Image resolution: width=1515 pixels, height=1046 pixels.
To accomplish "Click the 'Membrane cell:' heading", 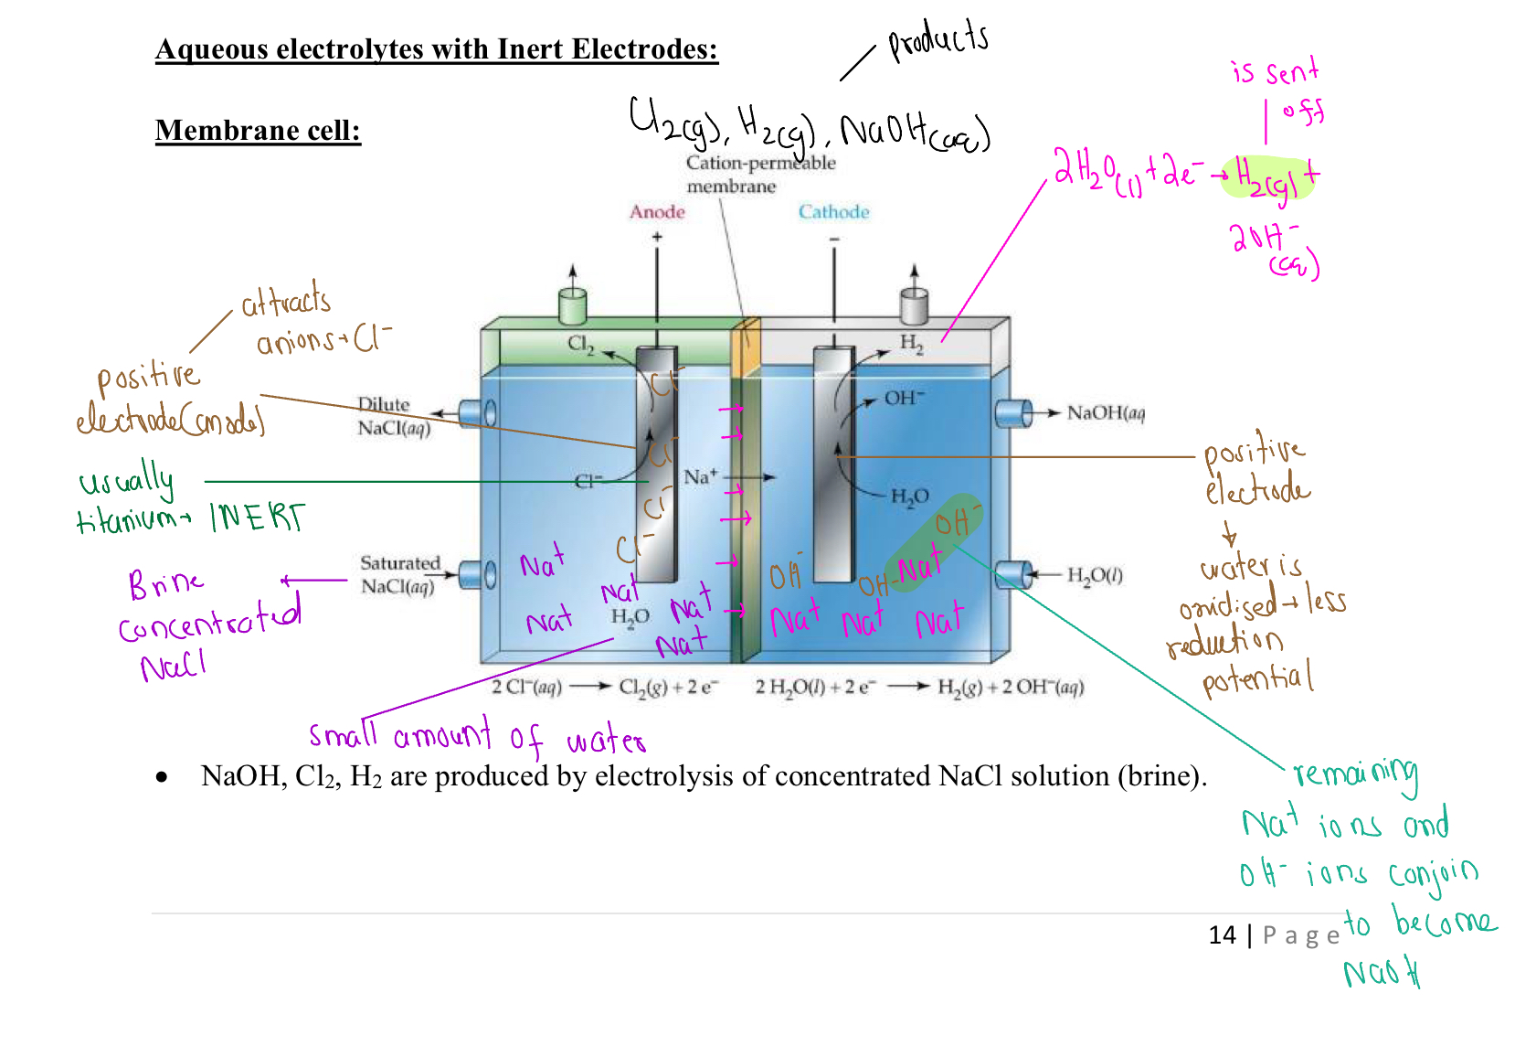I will pos(258,131).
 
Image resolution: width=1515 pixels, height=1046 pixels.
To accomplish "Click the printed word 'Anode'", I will pos(657,212).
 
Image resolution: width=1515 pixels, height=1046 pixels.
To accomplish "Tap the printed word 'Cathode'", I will pos(833,212).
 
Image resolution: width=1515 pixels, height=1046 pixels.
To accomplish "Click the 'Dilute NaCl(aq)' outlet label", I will pos(394,416).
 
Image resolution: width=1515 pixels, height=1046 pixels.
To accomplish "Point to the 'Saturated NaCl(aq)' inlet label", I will pos(399,574).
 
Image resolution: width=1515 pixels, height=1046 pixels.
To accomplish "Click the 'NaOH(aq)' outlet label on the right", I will pos(1106,413).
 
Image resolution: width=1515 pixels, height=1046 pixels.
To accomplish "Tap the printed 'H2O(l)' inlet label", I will pos(1095,575).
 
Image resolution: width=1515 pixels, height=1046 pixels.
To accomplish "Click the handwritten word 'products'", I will pos(938,41).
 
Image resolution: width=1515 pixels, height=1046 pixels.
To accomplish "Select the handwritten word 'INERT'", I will pos(258,518).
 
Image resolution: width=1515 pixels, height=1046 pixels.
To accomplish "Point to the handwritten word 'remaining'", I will pos(1356,774).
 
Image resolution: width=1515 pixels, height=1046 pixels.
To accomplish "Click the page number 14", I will pos(1222,934).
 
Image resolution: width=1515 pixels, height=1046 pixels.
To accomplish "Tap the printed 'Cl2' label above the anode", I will pos(580,344).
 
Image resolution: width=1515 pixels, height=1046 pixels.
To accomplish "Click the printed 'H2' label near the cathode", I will pos(911,343).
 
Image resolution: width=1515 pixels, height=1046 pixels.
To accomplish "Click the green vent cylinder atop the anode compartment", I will pos(572,306).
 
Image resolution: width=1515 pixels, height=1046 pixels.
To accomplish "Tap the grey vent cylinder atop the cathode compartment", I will pos(914,305).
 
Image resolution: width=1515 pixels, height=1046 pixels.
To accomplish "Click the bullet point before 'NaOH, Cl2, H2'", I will pos(162,777).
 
